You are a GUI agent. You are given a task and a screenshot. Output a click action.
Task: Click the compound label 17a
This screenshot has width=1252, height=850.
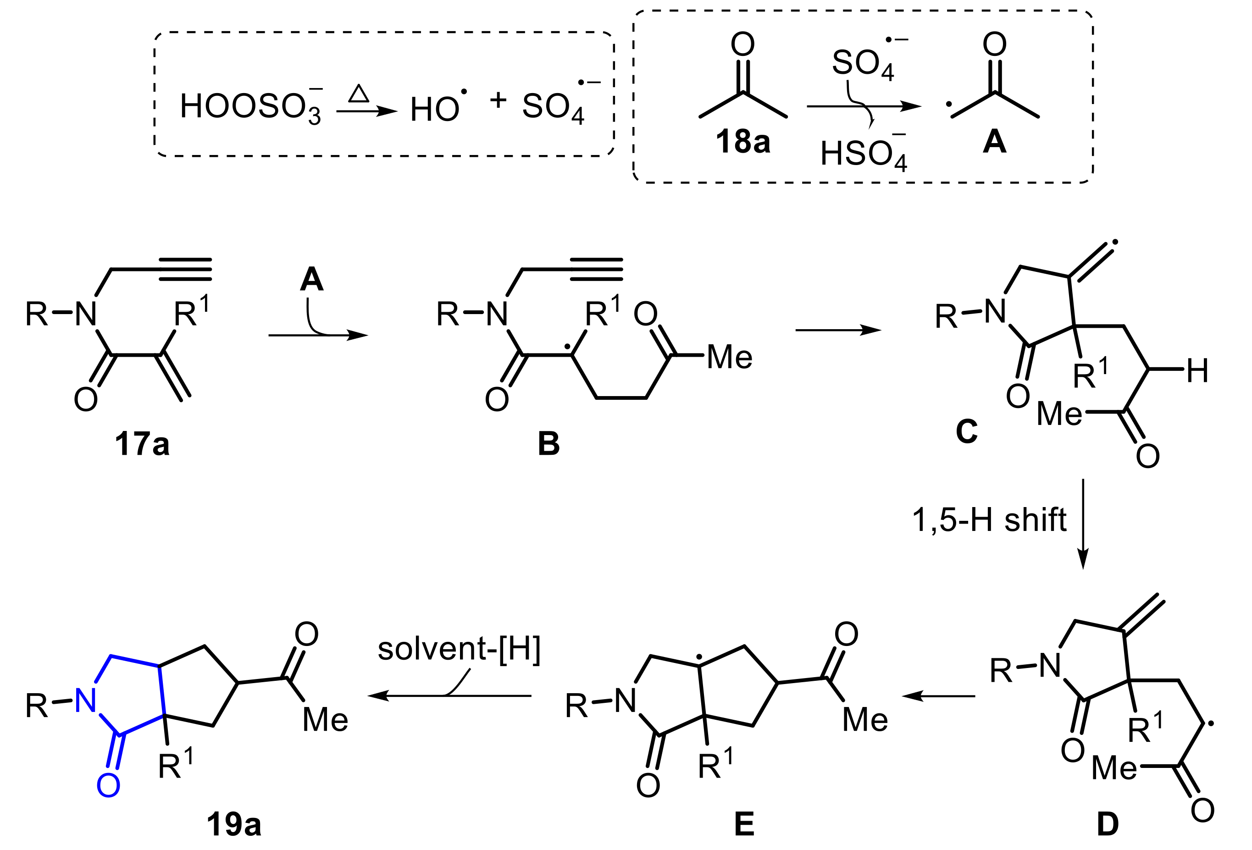(x=142, y=444)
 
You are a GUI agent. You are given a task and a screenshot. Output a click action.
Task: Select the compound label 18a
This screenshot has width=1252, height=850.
(x=742, y=141)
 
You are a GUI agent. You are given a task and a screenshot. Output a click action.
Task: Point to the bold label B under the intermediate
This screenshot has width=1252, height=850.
(x=548, y=444)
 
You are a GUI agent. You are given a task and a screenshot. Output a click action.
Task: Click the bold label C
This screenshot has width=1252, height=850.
(x=966, y=431)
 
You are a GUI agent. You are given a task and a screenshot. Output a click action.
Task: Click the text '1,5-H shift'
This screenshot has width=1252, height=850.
(x=989, y=520)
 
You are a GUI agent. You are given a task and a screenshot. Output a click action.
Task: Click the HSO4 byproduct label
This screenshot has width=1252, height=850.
(x=863, y=155)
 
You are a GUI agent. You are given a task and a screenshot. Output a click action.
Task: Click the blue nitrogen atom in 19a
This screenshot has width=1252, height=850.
(x=86, y=700)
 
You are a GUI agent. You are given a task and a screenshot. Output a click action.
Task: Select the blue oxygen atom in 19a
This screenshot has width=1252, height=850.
(x=108, y=785)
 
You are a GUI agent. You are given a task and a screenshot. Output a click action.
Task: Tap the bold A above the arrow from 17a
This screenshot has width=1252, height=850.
(x=311, y=280)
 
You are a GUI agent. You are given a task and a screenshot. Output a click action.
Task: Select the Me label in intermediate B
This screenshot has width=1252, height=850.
(x=730, y=357)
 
